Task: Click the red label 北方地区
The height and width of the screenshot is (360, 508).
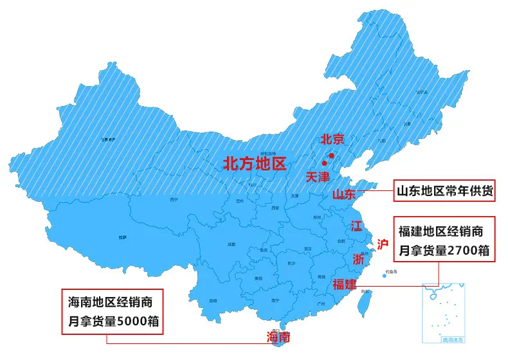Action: (x=254, y=164)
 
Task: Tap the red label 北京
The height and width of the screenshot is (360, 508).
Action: (x=332, y=139)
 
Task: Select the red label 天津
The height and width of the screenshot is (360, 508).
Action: (x=317, y=176)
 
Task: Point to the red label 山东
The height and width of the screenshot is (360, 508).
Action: (x=344, y=194)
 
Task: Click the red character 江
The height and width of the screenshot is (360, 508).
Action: (x=356, y=226)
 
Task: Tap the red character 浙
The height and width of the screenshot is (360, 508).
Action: (x=358, y=260)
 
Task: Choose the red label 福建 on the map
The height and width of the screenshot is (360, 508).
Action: (x=344, y=284)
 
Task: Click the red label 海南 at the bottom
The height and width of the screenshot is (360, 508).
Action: (x=278, y=336)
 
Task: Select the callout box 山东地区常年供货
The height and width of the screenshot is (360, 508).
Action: (x=443, y=191)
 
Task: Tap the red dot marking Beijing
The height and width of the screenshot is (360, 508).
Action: (x=331, y=156)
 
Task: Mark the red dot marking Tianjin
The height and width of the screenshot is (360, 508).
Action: (x=325, y=164)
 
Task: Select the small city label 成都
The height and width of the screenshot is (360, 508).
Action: (x=231, y=245)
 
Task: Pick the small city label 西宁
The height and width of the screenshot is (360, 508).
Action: (x=174, y=200)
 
